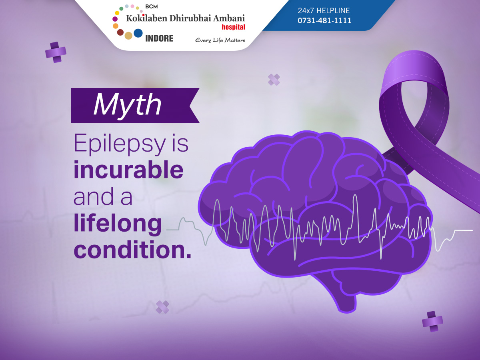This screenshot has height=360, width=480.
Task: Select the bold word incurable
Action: coord(128,170)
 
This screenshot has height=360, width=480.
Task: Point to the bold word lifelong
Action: coord(118,224)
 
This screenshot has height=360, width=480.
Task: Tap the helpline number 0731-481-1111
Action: coord(324,20)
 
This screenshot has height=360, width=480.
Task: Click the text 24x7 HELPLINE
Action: coord(324,10)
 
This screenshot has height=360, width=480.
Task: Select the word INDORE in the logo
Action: coord(159,38)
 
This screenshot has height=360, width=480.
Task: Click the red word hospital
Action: coord(233,27)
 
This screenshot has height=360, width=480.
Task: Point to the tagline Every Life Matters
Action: coord(220,40)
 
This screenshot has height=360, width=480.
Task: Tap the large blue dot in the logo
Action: coord(138,33)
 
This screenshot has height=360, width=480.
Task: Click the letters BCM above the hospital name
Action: coord(151,7)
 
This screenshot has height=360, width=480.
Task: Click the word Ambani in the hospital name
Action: coord(229,18)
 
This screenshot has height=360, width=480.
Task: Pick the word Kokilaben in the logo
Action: coord(146,18)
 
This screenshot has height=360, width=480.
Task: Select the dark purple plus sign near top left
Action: coord(56,52)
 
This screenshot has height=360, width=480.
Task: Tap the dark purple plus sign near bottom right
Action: coord(432,321)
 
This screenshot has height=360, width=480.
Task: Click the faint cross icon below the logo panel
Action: coord(274,80)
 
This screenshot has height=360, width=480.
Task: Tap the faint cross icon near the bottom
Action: coord(162,307)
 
